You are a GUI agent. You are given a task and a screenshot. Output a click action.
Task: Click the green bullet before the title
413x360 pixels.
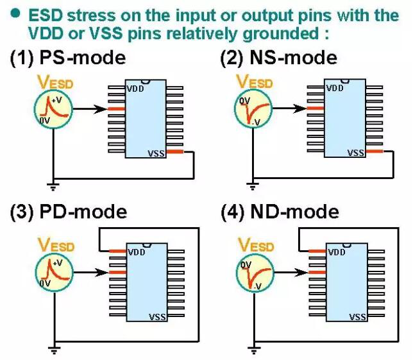pos(14,12)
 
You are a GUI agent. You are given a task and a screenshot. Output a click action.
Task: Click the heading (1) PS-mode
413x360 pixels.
pos(67,58)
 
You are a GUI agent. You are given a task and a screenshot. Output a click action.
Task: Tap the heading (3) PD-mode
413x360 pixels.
pos(68,211)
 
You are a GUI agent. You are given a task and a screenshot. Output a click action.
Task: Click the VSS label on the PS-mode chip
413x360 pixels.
pos(156,153)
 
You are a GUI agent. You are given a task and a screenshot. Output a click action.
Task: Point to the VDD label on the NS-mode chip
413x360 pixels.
pos(335,88)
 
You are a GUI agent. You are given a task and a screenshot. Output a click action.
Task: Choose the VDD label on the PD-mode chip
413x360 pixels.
pos(136,252)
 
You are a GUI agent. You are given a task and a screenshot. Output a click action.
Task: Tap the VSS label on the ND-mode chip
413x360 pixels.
pos(357,317)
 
